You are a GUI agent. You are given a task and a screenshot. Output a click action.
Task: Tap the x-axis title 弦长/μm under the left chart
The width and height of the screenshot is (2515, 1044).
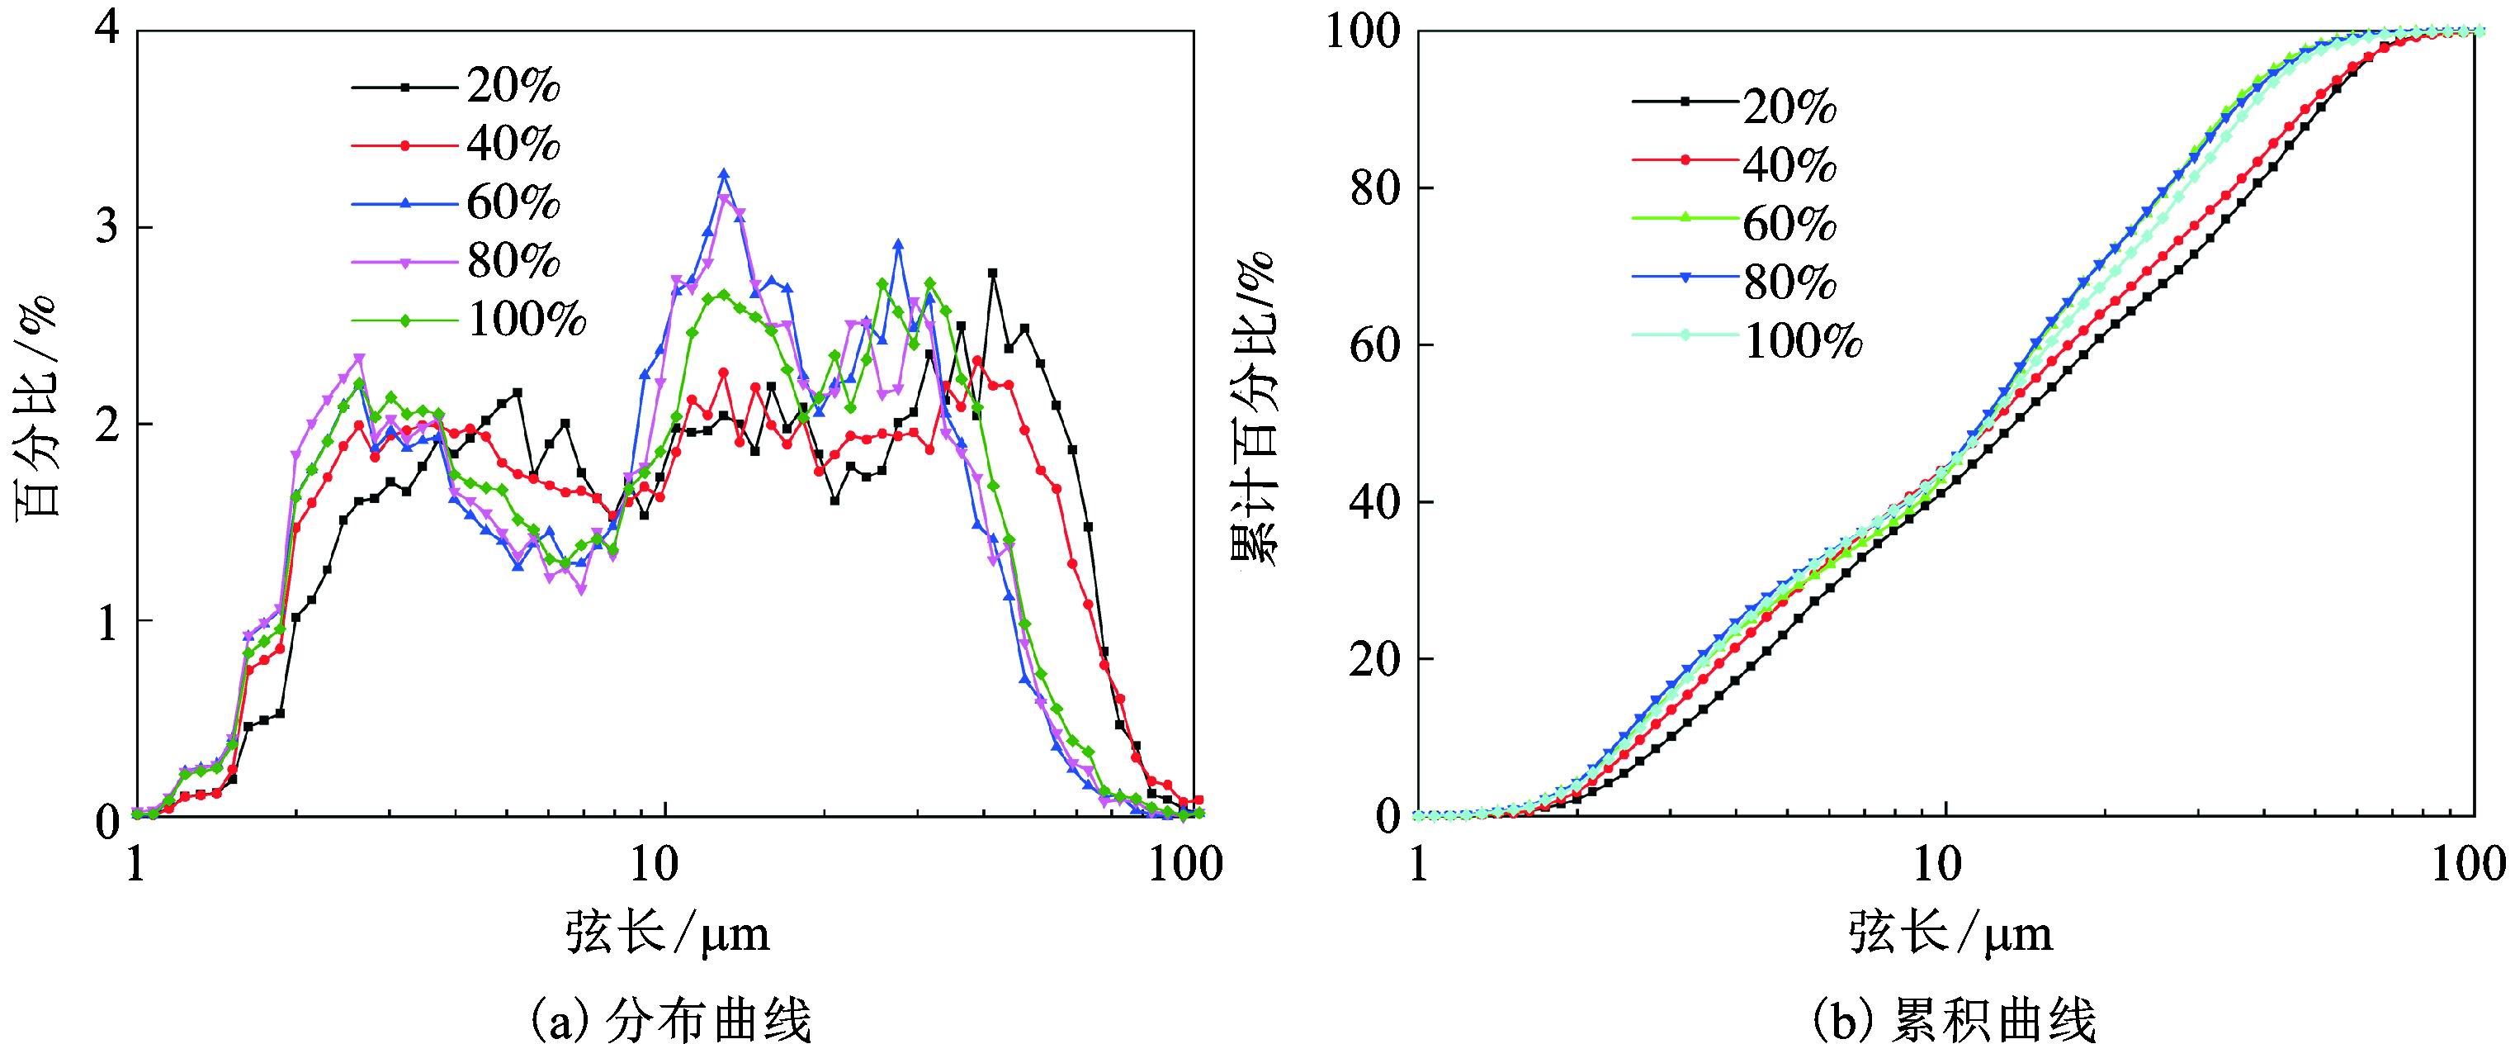(x=667, y=932)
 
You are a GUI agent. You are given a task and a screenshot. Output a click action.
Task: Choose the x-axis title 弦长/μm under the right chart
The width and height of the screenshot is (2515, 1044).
(x=1949, y=932)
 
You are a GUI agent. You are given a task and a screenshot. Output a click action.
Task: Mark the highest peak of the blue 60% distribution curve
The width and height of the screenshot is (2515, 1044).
(x=723, y=173)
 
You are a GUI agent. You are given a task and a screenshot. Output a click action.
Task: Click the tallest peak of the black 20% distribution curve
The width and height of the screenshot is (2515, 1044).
(x=993, y=273)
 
